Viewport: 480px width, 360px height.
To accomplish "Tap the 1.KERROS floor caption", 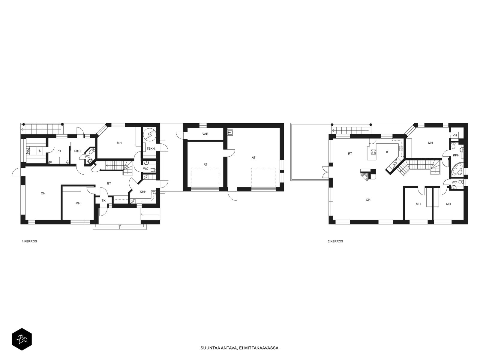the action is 29,241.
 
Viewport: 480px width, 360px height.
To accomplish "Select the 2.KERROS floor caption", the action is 335,241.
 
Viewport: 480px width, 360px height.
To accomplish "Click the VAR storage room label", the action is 205,134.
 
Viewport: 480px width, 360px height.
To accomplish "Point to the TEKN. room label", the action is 151,148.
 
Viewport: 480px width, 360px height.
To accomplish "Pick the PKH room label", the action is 77,151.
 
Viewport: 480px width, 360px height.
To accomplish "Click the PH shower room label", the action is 58,151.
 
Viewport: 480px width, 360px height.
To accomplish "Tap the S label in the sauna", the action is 40,151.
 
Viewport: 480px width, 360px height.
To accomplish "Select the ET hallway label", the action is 109,183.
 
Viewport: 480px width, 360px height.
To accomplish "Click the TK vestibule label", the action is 103,200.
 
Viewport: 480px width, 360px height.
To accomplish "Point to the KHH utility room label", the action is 143,192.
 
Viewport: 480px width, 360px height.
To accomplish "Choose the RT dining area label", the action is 350,154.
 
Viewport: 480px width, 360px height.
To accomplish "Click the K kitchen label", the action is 387,152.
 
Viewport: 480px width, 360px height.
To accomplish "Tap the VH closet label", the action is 454,135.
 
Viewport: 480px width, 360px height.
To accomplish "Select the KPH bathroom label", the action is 456,155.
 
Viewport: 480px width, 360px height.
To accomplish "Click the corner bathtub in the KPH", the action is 456,169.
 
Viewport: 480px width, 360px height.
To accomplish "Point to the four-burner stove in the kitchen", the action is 373,151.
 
